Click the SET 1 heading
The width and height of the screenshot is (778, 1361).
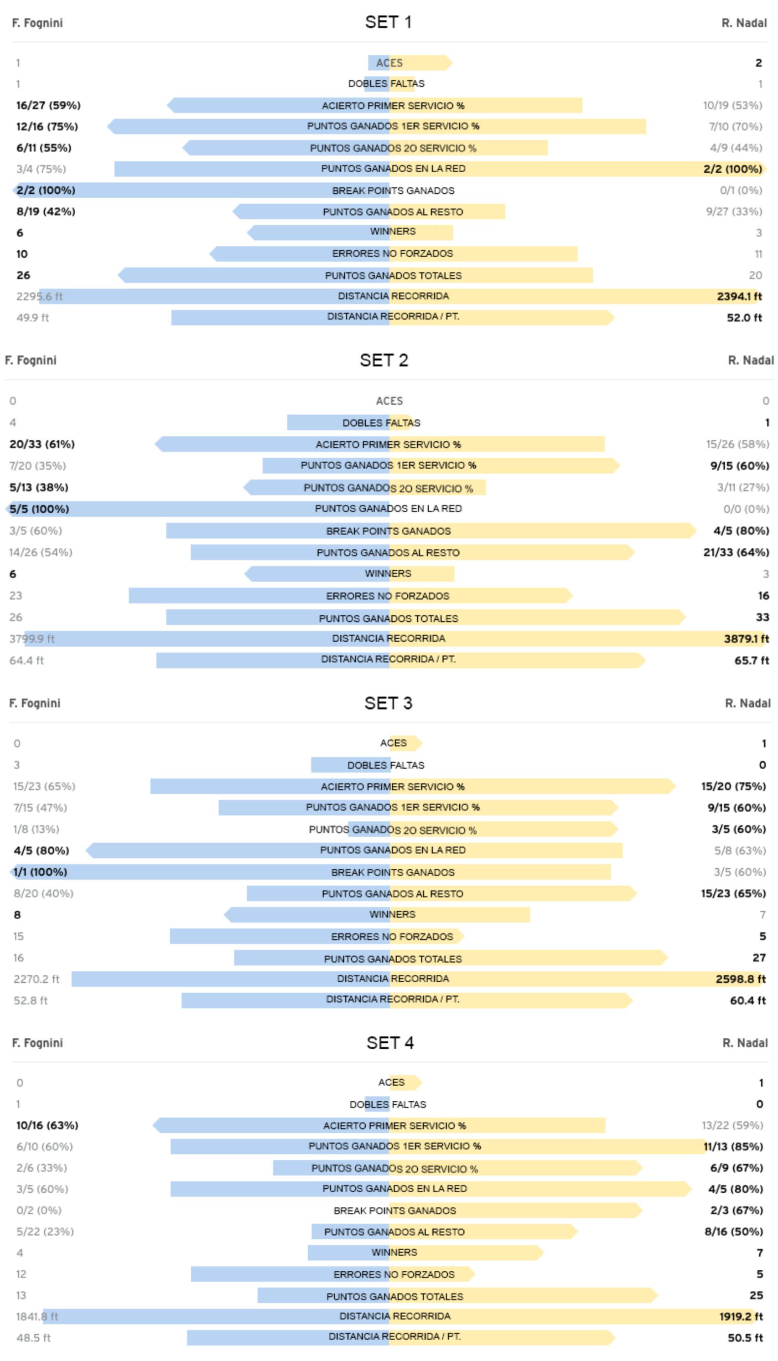388,22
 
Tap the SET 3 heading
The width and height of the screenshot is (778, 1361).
388,703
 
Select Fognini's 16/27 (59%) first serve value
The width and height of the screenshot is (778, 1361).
48,105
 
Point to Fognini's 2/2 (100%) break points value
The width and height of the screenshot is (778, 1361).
46,190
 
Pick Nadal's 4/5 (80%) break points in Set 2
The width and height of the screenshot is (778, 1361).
741,531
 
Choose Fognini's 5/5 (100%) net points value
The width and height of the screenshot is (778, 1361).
39,509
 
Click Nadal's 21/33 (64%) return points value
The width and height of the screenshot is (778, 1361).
736,552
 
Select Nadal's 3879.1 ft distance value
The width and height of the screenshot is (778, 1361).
746,639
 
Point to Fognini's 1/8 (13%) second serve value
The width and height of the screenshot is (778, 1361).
36,829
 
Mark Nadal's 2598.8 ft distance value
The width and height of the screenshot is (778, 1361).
741,979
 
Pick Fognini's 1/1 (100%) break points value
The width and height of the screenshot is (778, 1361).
40,872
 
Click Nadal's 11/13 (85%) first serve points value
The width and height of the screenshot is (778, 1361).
732,1146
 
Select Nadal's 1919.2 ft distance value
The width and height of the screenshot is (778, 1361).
741,1316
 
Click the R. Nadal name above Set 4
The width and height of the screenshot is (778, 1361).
744,1043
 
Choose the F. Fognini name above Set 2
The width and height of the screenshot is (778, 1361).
31,361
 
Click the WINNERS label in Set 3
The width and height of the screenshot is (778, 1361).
392,914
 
